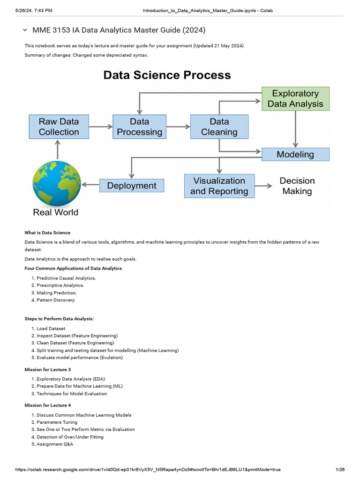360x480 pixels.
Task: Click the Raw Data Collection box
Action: (x=59, y=127)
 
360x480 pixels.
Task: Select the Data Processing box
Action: (x=139, y=127)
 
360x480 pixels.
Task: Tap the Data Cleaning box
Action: (x=219, y=127)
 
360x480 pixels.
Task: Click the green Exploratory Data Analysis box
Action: (x=295, y=98)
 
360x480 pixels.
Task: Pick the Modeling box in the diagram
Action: (x=295, y=154)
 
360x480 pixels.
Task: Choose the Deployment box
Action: (x=132, y=186)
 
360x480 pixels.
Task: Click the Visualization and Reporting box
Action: (x=219, y=186)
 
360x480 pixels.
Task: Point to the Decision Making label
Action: (x=297, y=186)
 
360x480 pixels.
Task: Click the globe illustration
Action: (x=57, y=183)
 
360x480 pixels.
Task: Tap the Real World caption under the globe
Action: (x=56, y=212)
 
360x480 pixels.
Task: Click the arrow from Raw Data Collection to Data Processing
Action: (x=101, y=127)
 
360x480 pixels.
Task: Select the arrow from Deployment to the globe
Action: (x=90, y=185)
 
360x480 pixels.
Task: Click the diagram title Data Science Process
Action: (x=167, y=75)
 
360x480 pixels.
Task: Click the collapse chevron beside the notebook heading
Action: (x=25, y=30)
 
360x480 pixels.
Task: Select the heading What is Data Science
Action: (x=47, y=232)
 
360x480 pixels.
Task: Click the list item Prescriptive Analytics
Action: (x=60, y=285)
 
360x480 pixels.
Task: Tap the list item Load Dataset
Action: (x=51, y=329)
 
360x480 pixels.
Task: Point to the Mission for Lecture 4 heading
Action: (x=47, y=405)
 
